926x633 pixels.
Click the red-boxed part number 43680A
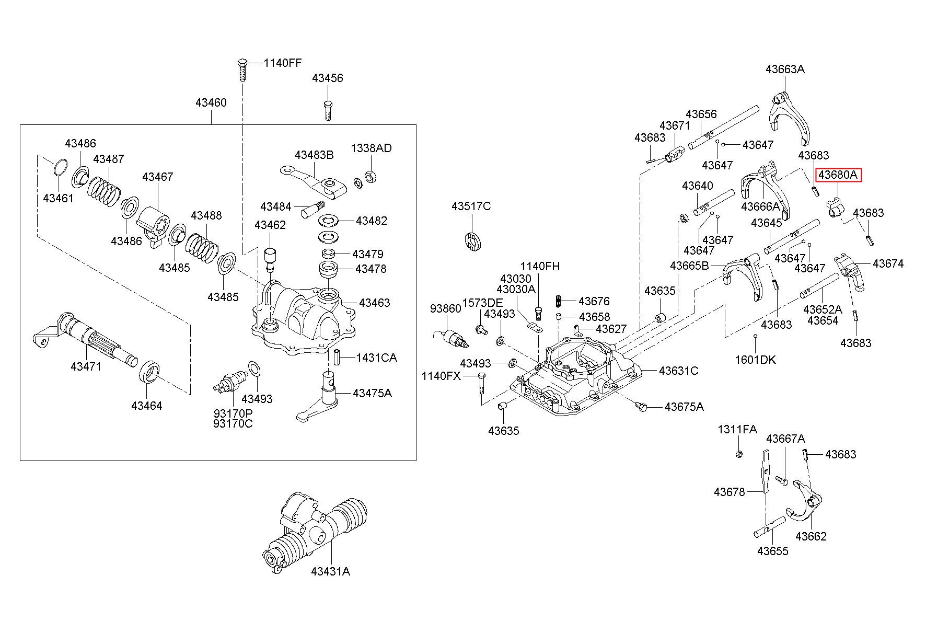[838, 175]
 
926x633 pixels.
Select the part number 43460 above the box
[211, 102]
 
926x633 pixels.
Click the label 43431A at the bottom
[330, 571]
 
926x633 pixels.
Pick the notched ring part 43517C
[472, 240]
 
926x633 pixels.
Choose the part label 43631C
[678, 371]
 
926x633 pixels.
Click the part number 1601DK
[755, 360]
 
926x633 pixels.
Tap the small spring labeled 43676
[558, 302]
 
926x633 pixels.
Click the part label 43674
[888, 263]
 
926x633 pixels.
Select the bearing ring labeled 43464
[150, 372]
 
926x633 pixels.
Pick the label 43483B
[314, 155]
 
